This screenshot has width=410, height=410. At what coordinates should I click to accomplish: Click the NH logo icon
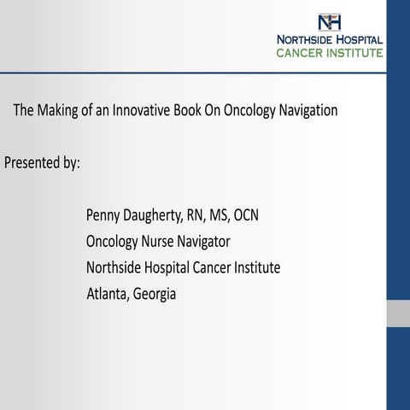(x=328, y=22)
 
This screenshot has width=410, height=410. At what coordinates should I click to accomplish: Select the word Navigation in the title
(x=309, y=111)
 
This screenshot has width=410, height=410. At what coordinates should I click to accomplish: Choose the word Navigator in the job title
(x=207, y=242)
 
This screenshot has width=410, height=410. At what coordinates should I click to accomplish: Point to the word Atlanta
(x=108, y=295)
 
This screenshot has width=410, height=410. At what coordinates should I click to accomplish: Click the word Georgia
(x=155, y=295)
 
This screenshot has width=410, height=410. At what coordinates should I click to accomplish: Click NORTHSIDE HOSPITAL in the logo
(x=329, y=39)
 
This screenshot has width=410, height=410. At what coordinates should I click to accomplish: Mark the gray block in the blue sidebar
(x=398, y=313)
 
